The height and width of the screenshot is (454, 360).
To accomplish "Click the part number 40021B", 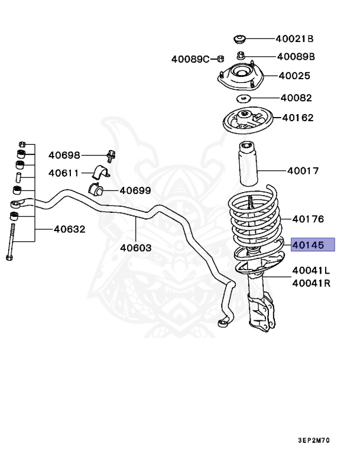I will point(294,39).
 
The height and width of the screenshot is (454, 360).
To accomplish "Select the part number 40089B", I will point(296,57).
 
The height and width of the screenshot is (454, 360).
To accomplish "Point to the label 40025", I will point(294,76).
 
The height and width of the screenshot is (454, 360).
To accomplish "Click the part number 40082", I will point(296,98).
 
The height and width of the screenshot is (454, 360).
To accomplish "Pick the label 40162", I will point(298,118).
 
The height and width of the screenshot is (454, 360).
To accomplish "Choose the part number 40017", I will point(303,171).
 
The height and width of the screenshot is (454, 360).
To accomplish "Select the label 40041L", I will point(311,270).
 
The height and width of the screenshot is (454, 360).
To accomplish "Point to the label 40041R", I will point(311,283).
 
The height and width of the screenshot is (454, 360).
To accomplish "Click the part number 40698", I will point(64,155).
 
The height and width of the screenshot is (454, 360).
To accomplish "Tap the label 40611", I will point(64,173).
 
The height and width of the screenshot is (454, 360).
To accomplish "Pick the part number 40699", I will point(135,190).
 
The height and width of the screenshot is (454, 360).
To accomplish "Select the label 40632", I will point(70,229).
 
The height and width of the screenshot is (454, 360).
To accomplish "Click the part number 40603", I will point(137,248).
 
